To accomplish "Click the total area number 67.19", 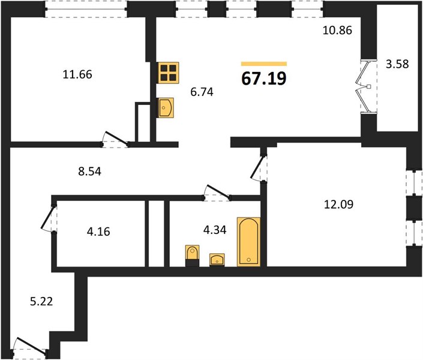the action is (x=264, y=79).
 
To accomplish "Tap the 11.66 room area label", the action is (x=77, y=74).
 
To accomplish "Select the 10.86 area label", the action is (x=337, y=30).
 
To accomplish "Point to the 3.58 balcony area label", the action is (x=397, y=64).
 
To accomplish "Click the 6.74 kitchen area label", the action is (x=202, y=92).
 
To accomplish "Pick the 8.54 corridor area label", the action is (x=90, y=172).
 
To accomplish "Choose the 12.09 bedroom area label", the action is (x=338, y=204).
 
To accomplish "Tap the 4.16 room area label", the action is (x=98, y=232).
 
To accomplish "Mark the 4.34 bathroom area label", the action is (x=215, y=230).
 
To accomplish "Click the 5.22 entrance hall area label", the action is (x=41, y=301).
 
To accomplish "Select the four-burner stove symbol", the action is (x=169, y=73).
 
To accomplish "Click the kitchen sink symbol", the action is (x=165, y=107).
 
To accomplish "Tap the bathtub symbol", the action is (x=249, y=242).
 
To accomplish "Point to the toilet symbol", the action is (x=193, y=256).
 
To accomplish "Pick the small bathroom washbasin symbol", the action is (x=217, y=260).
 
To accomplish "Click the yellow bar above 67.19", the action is (x=264, y=64).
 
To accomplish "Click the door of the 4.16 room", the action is (x=49, y=218).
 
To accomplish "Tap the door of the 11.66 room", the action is (x=116, y=138).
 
